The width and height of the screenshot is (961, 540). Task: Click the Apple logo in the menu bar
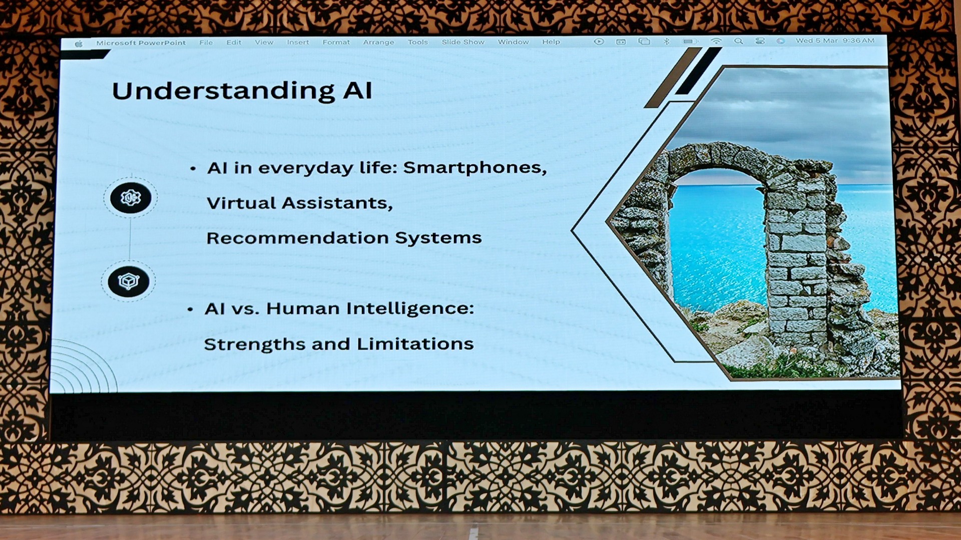point(79,44)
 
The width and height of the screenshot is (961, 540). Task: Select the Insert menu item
point(298,42)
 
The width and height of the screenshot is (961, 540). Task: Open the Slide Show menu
point(463,42)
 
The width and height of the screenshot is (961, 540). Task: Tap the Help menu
point(551,42)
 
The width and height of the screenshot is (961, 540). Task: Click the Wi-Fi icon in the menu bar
point(716,41)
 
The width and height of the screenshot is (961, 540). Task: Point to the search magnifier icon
point(738,41)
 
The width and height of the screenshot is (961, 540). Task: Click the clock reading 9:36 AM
point(858,40)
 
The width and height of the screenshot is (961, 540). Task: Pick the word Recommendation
point(297,238)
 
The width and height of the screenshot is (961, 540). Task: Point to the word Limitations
point(415,344)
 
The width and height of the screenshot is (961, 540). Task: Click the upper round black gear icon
point(131,198)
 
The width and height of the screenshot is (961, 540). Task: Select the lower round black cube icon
point(129,281)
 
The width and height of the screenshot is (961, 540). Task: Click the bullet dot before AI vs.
point(190,310)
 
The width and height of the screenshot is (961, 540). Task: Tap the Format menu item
point(336,42)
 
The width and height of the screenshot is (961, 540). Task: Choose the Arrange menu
point(378,42)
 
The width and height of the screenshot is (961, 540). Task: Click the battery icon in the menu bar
point(691,41)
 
